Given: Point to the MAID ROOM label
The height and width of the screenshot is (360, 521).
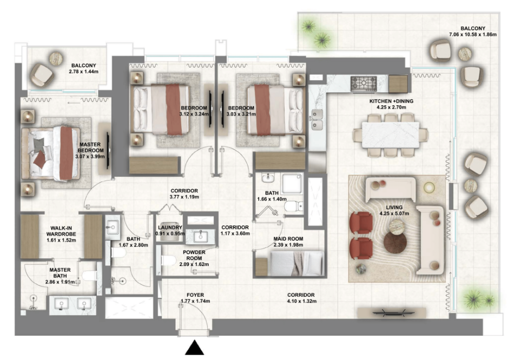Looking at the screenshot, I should [288, 238].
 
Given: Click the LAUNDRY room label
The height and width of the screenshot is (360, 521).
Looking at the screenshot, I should [170, 228].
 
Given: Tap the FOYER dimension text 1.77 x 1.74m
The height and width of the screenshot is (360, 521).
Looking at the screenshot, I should [195, 302].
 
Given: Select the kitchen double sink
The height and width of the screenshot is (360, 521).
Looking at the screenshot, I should [317, 119].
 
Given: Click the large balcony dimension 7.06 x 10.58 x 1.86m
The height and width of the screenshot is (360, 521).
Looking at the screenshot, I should [473, 35].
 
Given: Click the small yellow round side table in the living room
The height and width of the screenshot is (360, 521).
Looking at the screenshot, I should [429, 188].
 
